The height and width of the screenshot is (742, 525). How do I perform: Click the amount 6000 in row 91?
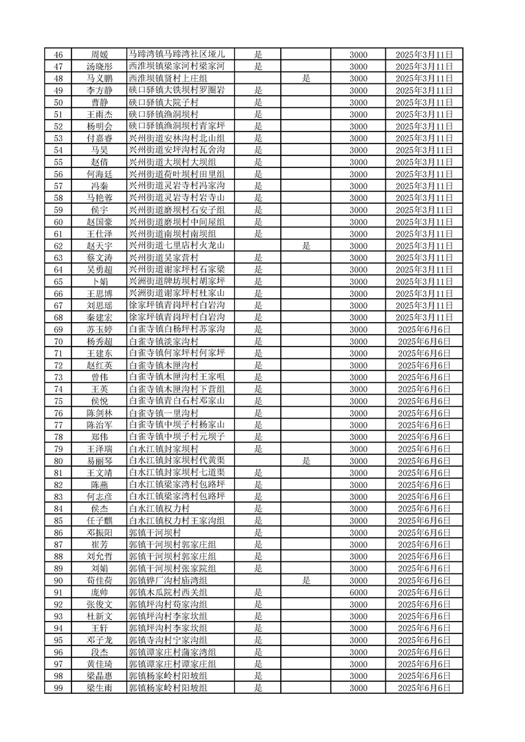click(358, 592)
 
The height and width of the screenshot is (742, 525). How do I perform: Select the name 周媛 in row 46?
click(99, 54)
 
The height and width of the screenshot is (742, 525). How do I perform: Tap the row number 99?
click(58, 688)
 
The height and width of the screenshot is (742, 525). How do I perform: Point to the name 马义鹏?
click(99, 78)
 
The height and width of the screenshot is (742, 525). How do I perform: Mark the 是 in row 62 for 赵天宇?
click(307, 245)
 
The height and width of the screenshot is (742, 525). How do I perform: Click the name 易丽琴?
click(99, 461)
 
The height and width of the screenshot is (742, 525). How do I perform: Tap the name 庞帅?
click(99, 592)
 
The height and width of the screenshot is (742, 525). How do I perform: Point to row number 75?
click(58, 401)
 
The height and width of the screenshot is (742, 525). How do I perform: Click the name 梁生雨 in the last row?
click(99, 688)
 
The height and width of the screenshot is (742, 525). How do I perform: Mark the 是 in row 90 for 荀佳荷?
click(307, 580)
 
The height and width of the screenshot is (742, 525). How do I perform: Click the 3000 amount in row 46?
click(358, 54)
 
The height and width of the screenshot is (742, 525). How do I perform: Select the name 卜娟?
click(99, 281)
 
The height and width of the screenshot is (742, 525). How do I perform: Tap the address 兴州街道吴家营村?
click(164, 257)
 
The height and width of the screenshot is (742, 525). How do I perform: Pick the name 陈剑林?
click(99, 413)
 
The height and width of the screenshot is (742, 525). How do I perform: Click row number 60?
click(58, 222)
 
